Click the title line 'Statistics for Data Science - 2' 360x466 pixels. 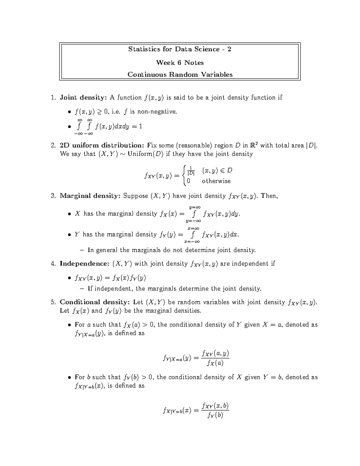click(x=180, y=49)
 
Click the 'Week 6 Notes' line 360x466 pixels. click(x=180, y=63)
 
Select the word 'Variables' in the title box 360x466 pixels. click(x=217, y=74)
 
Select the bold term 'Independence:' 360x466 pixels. click(x=85, y=264)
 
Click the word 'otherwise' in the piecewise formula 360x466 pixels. click(x=216, y=181)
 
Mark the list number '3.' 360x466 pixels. click(x=53, y=196)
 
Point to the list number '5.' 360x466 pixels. click(x=53, y=302)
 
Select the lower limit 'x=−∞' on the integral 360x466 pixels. click(x=192, y=242)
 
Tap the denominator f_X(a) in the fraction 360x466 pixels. click(x=215, y=363)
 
